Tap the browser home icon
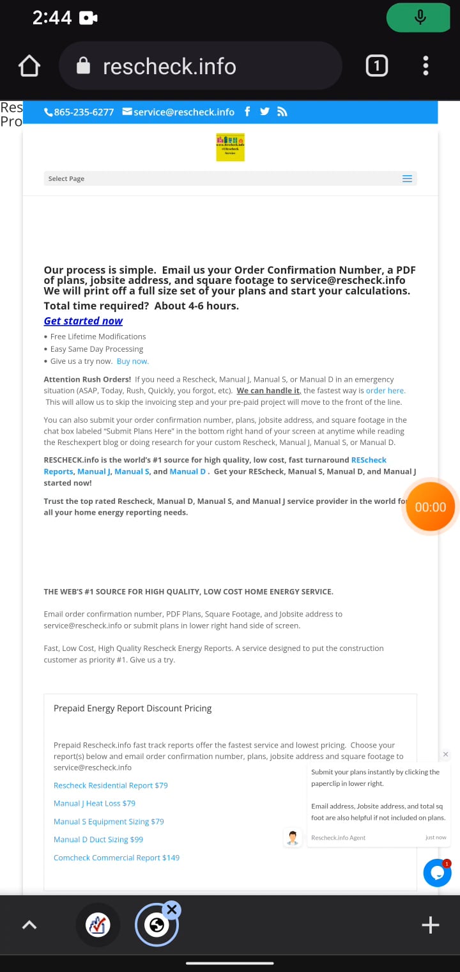(x=29, y=67)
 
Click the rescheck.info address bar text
(x=169, y=67)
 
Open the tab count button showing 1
(x=376, y=66)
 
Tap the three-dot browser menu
(x=425, y=66)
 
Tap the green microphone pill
(x=420, y=17)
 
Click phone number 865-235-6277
(x=79, y=112)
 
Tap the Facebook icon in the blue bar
(x=247, y=112)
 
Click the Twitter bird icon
(x=264, y=112)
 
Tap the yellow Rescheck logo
(x=230, y=147)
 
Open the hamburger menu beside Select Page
(x=407, y=179)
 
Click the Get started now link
(x=83, y=321)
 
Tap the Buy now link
(x=132, y=361)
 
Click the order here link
(x=385, y=391)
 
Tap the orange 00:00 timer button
(x=430, y=507)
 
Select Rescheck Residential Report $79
(x=111, y=785)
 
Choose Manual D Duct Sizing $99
(x=98, y=840)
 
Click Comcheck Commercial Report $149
(x=116, y=858)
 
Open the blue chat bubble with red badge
(x=437, y=873)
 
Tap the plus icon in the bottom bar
(x=430, y=925)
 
